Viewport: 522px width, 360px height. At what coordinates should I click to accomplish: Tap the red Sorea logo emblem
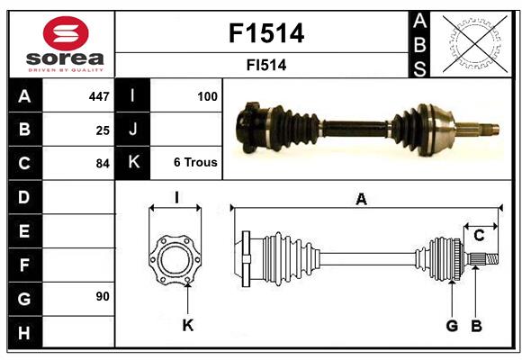(x=65, y=34)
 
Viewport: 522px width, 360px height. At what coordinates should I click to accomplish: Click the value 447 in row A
(x=99, y=96)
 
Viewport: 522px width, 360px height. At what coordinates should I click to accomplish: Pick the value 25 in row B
(x=103, y=130)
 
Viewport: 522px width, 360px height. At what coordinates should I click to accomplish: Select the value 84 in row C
(x=103, y=164)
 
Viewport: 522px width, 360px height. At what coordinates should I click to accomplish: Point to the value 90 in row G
(x=103, y=296)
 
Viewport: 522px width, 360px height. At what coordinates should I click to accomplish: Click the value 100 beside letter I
(x=206, y=96)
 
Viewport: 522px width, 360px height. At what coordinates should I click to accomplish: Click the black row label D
(x=24, y=196)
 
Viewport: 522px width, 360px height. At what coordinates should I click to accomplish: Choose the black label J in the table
(x=133, y=130)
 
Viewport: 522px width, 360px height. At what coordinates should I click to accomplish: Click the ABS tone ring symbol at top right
(x=472, y=43)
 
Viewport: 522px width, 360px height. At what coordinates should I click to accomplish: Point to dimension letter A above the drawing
(x=361, y=200)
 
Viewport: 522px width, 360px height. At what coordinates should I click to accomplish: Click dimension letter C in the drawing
(x=480, y=236)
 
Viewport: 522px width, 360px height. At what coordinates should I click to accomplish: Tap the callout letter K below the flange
(x=187, y=326)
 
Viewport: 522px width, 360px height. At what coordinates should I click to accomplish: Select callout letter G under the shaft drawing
(x=452, y=326)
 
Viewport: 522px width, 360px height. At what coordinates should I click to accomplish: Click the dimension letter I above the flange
(x=176, y=198)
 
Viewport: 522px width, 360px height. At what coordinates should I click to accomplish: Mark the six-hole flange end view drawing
(x=175, y=260)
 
